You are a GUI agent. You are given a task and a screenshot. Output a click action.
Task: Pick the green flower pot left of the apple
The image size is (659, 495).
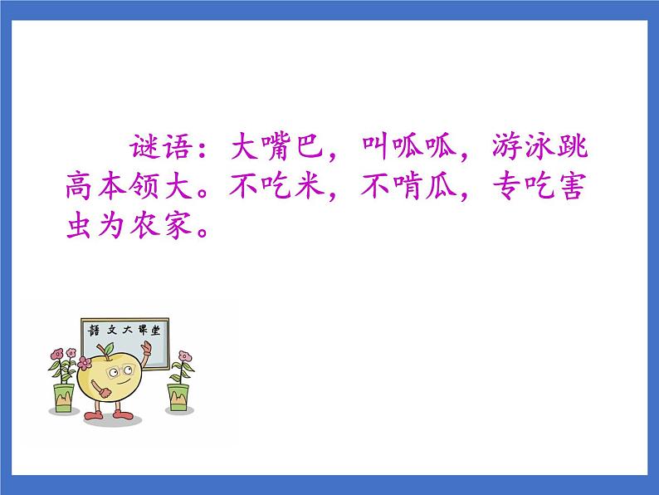[63, 397]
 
